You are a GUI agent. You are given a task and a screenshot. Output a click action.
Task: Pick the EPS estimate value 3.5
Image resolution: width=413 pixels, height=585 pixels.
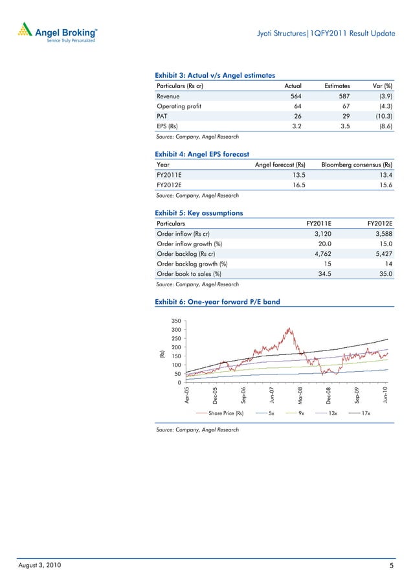click(x=343, y=126)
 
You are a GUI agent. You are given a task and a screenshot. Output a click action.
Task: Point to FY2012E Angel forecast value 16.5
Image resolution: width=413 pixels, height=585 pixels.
click(x=295, y=185)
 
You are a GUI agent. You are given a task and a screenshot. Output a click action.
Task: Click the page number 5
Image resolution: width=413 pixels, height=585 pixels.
click(x=392, y=567)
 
